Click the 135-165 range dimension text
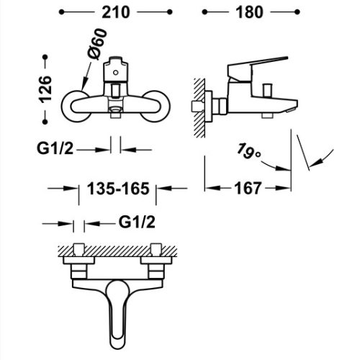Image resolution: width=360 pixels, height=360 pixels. click(x=117, y=189)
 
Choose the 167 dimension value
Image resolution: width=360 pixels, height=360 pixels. click(x=248, y=189)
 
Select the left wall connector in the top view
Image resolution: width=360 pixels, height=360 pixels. click(x=80, y=264)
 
